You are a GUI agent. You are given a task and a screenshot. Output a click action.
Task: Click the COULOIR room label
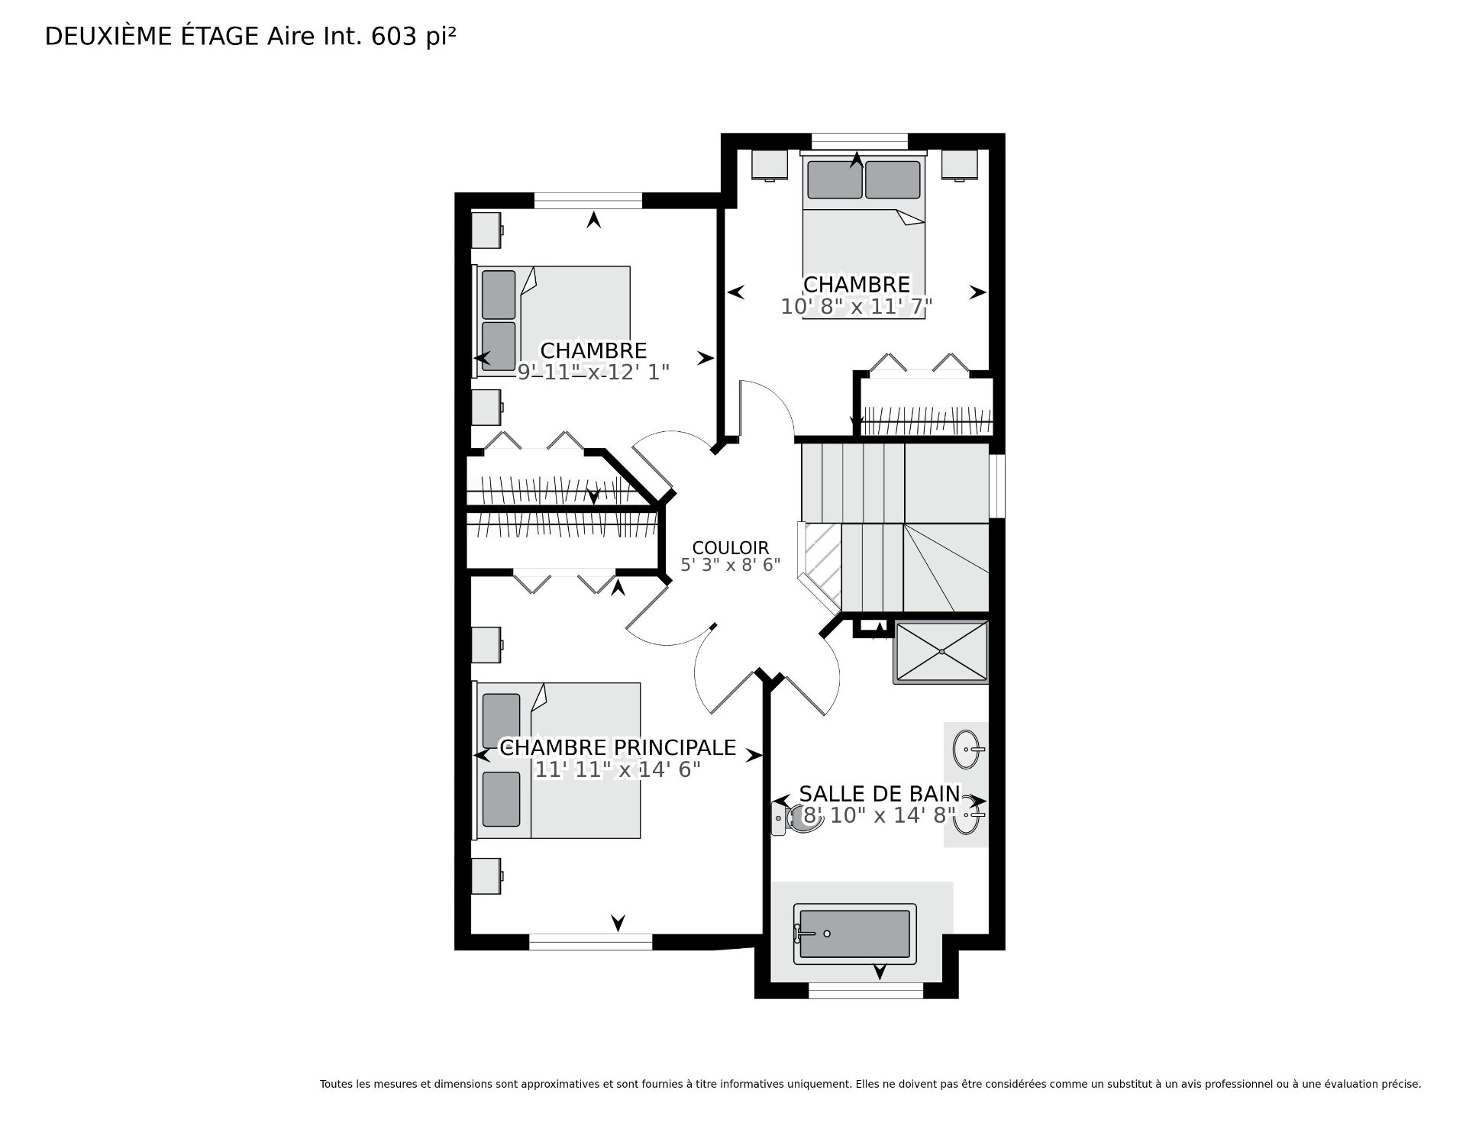[730, 547]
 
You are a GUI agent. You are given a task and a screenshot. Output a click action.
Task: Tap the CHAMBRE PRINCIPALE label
[618, 747]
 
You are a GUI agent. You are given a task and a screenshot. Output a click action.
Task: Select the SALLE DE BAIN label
[879, 794]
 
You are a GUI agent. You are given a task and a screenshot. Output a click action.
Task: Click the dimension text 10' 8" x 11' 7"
[857, 306]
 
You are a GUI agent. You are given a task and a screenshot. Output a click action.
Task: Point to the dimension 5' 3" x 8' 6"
[730, 565]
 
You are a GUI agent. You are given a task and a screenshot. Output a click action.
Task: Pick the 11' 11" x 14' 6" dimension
[617, 769]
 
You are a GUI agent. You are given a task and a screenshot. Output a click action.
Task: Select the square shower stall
[941, 653]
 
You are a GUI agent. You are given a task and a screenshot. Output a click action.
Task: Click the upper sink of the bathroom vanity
[968, 749]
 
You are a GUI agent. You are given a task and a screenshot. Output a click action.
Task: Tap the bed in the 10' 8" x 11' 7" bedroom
[864, 235]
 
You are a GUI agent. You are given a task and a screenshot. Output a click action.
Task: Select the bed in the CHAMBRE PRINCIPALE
[557, 760]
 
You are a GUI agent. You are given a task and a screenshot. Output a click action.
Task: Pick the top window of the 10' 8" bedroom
[859, 141]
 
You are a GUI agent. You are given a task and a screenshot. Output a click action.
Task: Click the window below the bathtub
[866, 991]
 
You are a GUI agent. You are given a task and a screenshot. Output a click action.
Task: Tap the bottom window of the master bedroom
[591, 942]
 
